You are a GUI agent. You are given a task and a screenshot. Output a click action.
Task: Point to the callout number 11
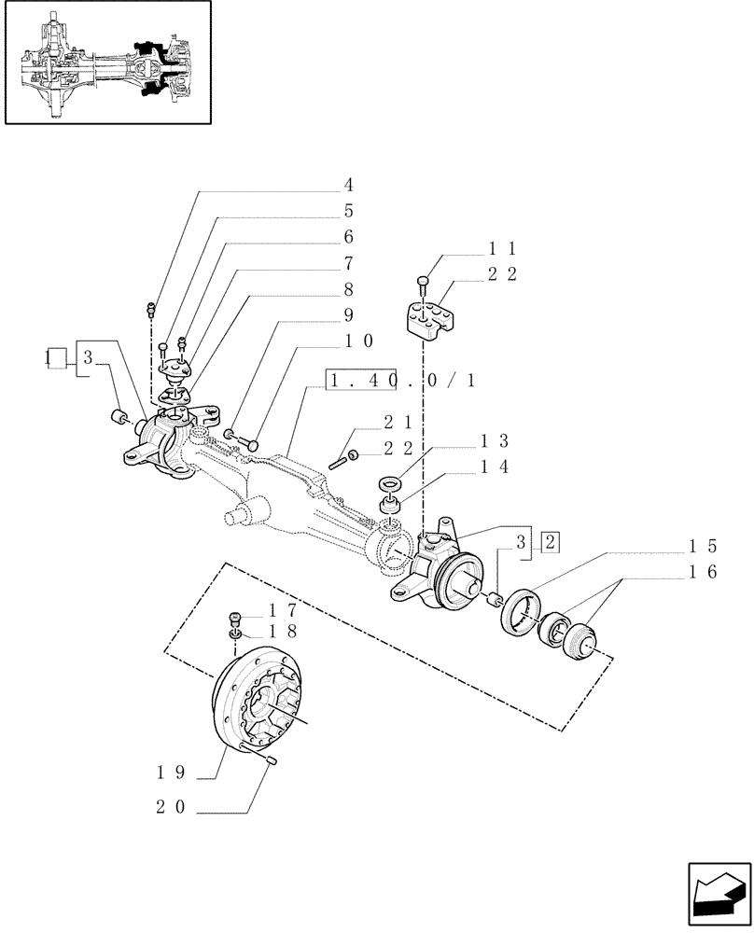tap(502, 248)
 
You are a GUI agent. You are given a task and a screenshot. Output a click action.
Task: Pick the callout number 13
tap(494, 440)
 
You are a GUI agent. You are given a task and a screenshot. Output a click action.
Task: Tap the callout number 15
tap(703, 546)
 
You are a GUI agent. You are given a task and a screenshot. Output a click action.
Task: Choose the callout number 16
tap(703, 572)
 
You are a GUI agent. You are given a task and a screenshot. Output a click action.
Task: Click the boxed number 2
tap(550, 541)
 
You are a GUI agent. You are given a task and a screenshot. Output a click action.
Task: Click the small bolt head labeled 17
tap(236, 617)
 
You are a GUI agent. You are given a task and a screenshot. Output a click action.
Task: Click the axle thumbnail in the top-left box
tap(107, 63)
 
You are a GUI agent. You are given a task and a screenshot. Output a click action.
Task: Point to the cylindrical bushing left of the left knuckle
tap(119, 417)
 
